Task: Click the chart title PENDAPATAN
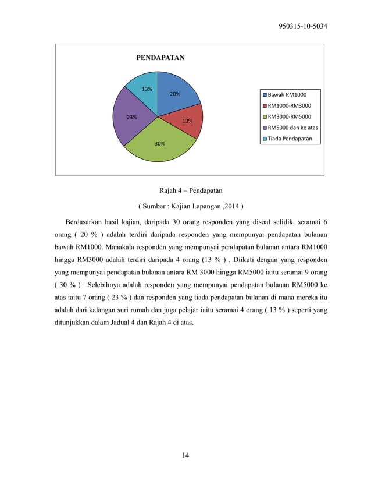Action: click(x=160, y=58)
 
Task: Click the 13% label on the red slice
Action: click(x=187, y=121)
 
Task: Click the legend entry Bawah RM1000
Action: click(x=287, y=94)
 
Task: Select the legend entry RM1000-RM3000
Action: click(x=289, y=105)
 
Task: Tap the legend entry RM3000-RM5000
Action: click(x=289, y=116)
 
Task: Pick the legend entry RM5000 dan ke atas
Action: click(x=292, y=128)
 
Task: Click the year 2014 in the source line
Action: click(x=231, y=206)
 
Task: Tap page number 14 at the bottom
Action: click(x=185, y=455)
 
